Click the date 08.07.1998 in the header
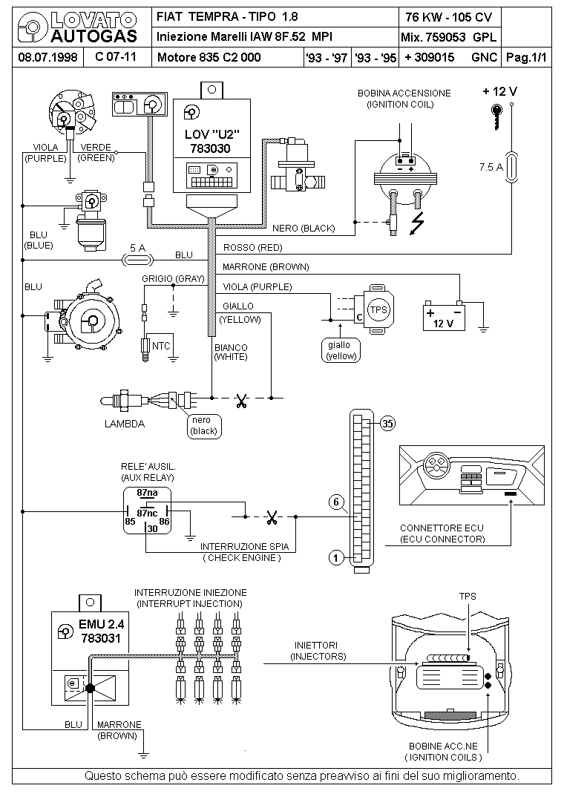pyautogui.click(x=47, y=56)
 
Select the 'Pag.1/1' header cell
pyautogui.click(x=527, y=57)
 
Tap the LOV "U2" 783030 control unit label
pyautogui.click(x=211, y=141)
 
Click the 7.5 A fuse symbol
pyautogui.click(x=512, y=167)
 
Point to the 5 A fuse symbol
pyautogui.click(x=137, y=260)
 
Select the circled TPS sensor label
pyautogui.click(x=378, y=310)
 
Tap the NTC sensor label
pyautogui.click(x=161, y=346)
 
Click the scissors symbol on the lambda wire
pyautogui.click(x=241, y=401)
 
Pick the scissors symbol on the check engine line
pyautogui.click(x=272, y=517)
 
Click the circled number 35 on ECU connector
pyautogui.click(x=388, y=423)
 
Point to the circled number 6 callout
pyautogui.click(x=336, y=502)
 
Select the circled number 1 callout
pyautogui.click(x=336, y=558)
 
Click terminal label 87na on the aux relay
pyautogui.click(x=148, y=492)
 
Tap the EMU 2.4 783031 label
pyautogui.click(x=101, y=631)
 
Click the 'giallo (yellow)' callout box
pyautogui.click(x=341, y=350)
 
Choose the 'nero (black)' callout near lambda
pyautogui.click(x=203, y=425)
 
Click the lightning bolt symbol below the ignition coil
pyautogui.click(x=416, y=223)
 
